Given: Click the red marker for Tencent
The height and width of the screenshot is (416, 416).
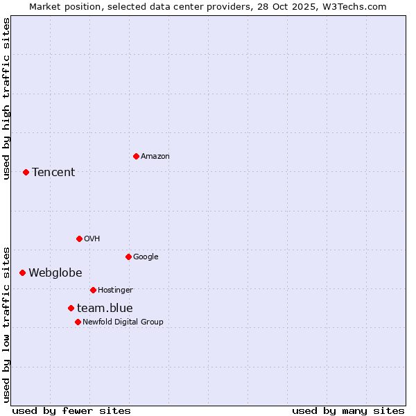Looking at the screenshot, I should tap(26, 172).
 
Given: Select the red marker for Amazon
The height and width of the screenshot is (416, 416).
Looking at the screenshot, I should tap(136, 156).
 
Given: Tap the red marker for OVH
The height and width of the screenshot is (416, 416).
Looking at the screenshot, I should tap(79, 239).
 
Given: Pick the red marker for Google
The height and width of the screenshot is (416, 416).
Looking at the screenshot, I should tap(128, 257).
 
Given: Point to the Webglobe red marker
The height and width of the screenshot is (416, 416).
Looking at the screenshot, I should tap(22, 272).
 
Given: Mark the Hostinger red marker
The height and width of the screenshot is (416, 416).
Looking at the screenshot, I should tap(93, 290).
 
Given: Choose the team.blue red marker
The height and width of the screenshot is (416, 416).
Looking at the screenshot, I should tap(71, 308).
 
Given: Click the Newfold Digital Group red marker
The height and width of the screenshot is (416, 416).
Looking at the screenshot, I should tap(78, 322).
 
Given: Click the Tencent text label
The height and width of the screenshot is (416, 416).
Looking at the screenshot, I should tap(53, 172).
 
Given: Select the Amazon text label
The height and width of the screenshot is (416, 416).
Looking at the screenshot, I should tap(155, 156).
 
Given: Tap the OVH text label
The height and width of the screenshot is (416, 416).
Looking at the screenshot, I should tap(92, 239).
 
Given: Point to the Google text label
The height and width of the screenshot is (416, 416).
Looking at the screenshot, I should tap(146, 257).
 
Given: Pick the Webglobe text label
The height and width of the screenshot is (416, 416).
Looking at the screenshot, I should tap(55, 272).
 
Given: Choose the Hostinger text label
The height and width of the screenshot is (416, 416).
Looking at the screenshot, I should tap(115, 290).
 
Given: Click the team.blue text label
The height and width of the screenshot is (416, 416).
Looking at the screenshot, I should tap(105, 308).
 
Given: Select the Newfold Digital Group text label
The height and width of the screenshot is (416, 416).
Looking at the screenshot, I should tap(123, 322).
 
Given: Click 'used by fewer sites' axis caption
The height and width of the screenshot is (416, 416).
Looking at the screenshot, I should tap(71, 410).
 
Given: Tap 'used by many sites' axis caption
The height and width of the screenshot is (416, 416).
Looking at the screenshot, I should tap(348, 410).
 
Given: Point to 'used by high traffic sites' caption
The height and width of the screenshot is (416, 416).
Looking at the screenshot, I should tap(6, 98).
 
